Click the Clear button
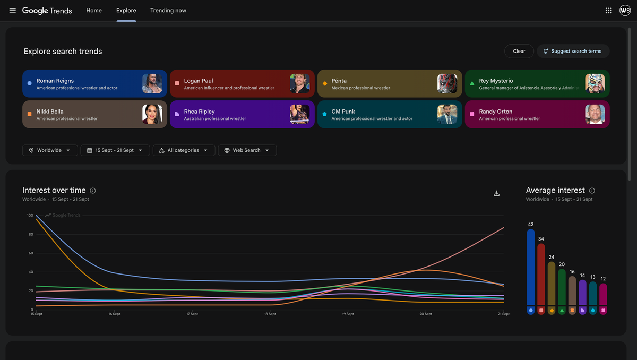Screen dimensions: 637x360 [x=519, y=51]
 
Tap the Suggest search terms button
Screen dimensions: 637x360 [x=573, y=51]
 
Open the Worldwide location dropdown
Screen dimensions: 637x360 [x=50, y=150]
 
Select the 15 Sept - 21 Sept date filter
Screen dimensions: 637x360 [x=115, y=150]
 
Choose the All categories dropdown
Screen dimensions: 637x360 [x=184, y=150]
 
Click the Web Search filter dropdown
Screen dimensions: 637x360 [x=247, y=150]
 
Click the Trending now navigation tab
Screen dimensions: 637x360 [x=168, y=11]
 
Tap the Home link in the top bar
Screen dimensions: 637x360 [x=94, y=11]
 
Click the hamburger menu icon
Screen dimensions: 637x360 [x=13, y=11]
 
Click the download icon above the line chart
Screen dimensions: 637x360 [x=496, y=193]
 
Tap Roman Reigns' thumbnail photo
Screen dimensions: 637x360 [x=152, y=83]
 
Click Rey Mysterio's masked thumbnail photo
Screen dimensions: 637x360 [x=595, y=83]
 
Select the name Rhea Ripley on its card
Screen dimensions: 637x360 [x=199, y=112]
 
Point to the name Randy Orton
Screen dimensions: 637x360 [x=495, y=112]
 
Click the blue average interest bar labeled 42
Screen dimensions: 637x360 [x=531, y=267]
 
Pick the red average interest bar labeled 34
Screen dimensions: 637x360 [x=541, y=275]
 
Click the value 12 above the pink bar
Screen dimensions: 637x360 [x=603, y=279]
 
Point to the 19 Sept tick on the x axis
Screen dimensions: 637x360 [x=348, y=314]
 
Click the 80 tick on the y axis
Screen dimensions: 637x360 [x=31, y=234]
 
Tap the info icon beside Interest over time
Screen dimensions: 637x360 [x=93, y=191]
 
